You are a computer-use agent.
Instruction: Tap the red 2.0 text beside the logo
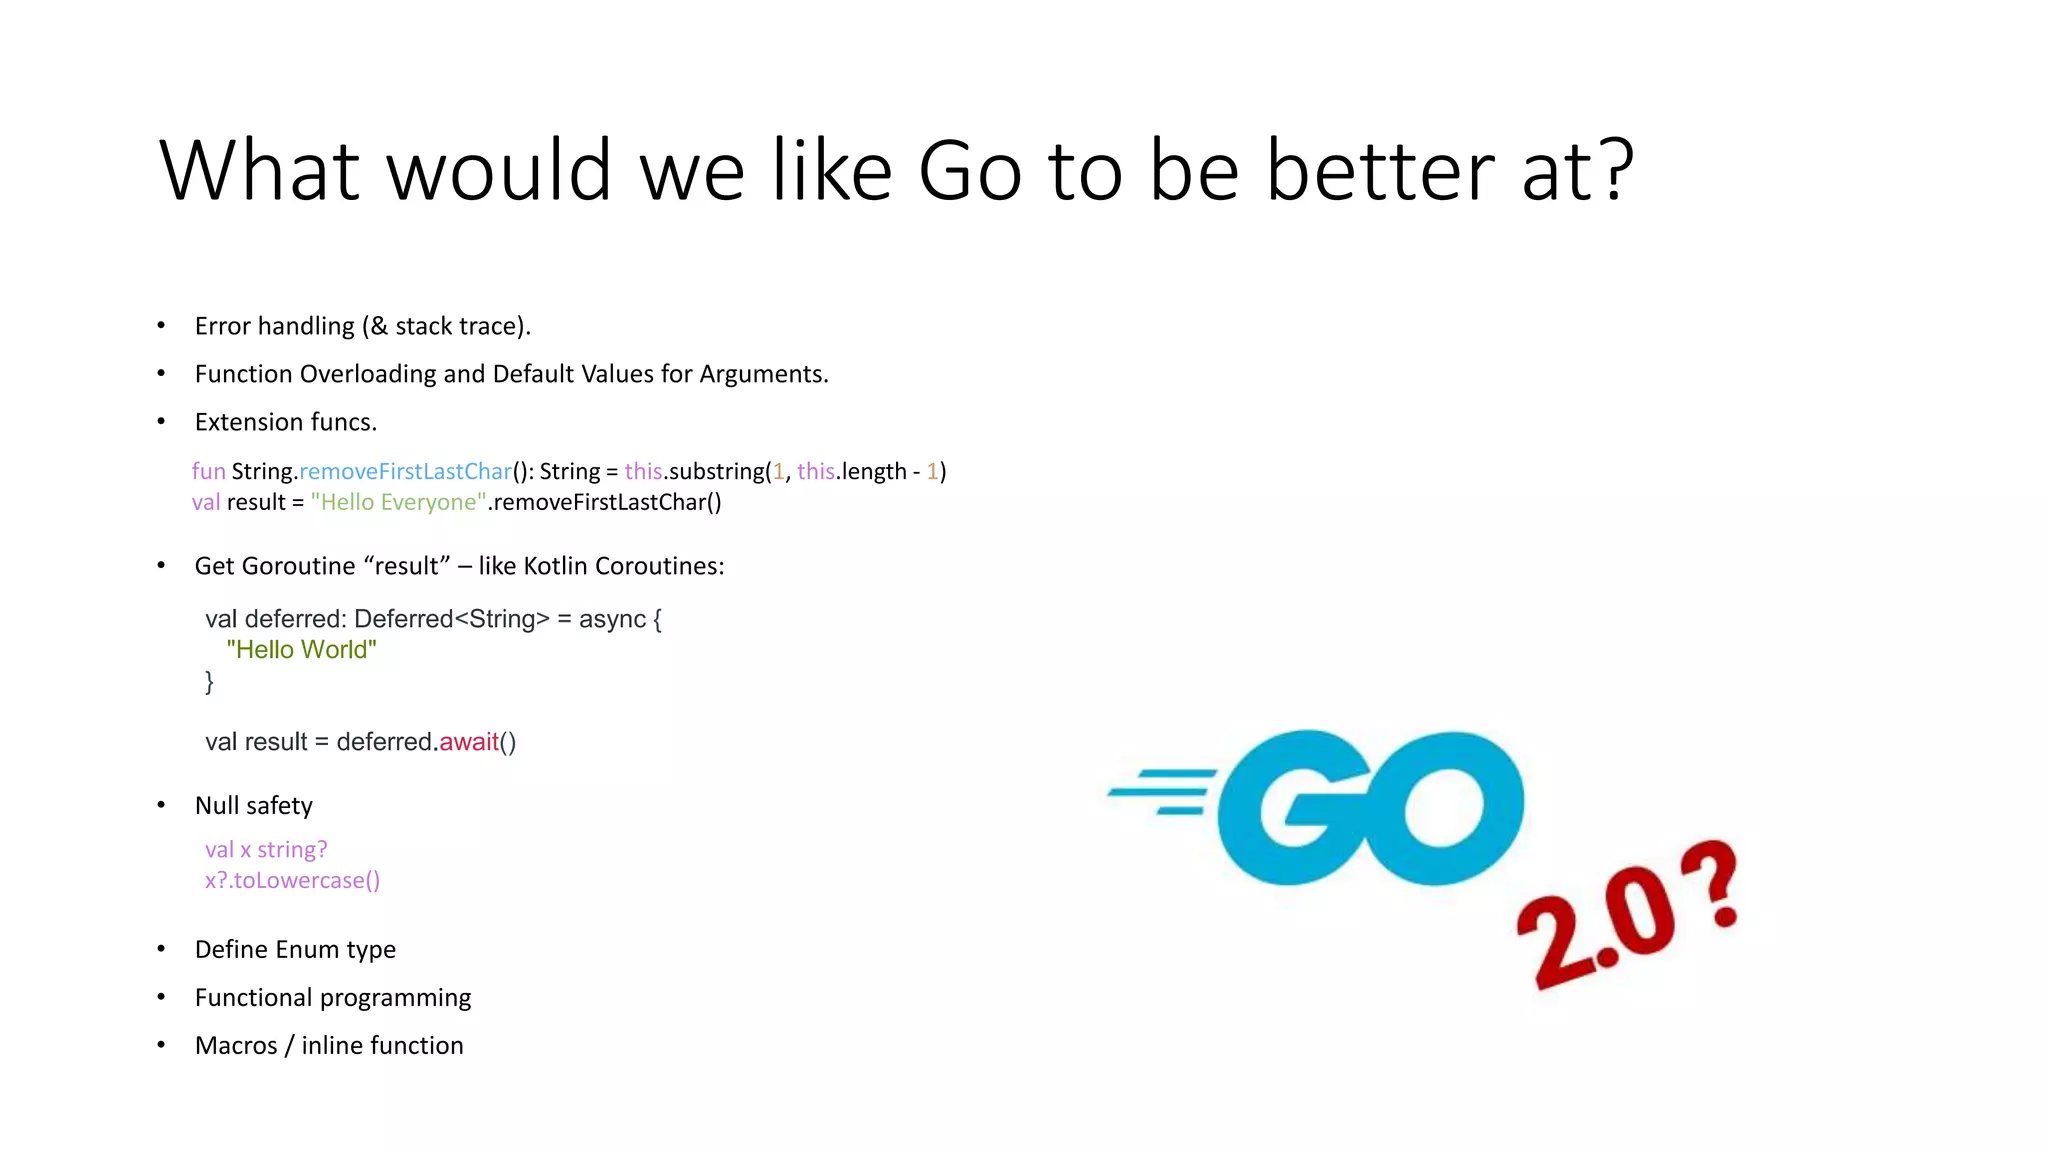(x=1595, y=935)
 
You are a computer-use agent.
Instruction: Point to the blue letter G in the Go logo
(x=1290, y=808)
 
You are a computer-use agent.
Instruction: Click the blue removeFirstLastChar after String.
(x=405, y=471)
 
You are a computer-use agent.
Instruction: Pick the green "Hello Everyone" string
(x=398, y=502)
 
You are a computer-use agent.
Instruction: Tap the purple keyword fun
(x=208, y=471)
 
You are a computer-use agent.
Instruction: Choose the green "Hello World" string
(x=301, y=650)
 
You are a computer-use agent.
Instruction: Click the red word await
(x=468, y=742)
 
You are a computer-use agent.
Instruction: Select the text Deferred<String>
(x=451, y=619)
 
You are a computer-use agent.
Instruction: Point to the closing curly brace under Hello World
(x=209, y=682)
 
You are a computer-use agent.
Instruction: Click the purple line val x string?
(x=266, y=849)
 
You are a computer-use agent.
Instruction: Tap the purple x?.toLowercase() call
(x=292, y=880)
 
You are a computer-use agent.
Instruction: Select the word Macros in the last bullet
(x=236, y=1045)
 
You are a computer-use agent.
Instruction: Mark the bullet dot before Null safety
(x=161, y=805)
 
